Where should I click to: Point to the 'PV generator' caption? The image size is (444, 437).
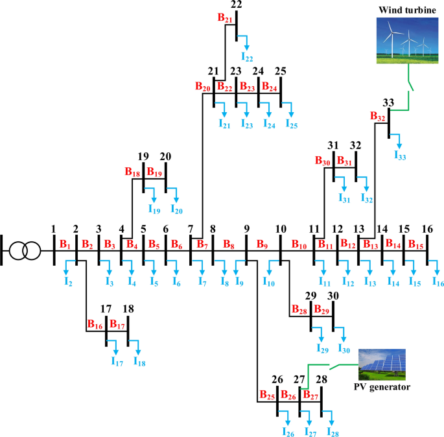click(382, 387)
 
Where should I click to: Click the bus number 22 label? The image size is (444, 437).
click(237, 5)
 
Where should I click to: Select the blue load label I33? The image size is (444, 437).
click(401, 155)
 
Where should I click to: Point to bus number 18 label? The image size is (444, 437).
click(129, 309)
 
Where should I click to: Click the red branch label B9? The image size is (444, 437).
click(262, 244)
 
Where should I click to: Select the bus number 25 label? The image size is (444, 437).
click(281, 71)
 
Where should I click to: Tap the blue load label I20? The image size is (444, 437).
click(176, 209)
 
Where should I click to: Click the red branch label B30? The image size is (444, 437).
click(323, 160)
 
